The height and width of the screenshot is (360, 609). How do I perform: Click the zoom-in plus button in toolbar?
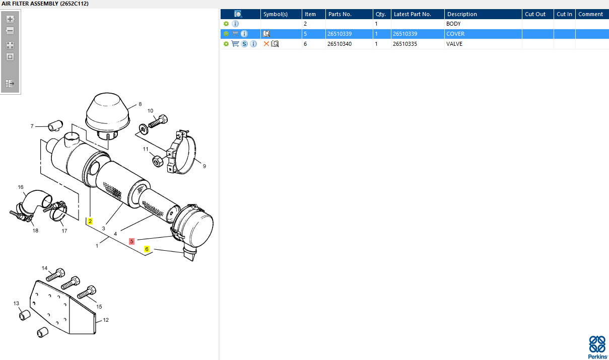pyautogui.click(x=10, y=19)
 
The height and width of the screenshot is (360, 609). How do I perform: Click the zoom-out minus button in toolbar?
pyautogui.click(x=10, y=31)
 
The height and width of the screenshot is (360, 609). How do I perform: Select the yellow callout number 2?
pyautogui.click(x=90, y=221)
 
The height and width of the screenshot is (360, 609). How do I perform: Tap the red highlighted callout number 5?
pyautogui.click(x=131, y=241)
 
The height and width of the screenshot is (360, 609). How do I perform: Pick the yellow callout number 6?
pyautogui.click(x=147, y=249)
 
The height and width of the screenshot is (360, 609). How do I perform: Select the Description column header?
pyautogui.click(x=462, y=14)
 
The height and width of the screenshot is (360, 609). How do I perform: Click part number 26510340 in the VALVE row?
pyautogui.click(x=340, y=44)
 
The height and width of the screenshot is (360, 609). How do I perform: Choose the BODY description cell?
pyautogui.click(x=453, y=24)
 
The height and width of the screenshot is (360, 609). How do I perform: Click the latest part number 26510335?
pyautogui.click(x=405, y=44)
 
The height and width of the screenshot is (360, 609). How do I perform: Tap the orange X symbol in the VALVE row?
pyautogui.click(x=266, y=44)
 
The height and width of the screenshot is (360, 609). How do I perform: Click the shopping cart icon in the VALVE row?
pyautogui.click(x=235, y=43)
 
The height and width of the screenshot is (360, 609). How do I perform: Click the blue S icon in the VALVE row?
pyautogui.click(x=244, y=44)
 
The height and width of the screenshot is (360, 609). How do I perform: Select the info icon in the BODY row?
pyautogui.click(x=235, y=24)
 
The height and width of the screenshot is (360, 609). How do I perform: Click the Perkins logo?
pyautogui.click(x=597, y=347)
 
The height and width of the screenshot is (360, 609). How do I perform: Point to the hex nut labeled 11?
pyautogui.click(x=158, y=161)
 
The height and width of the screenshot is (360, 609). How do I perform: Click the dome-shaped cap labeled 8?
pyautogui.click(x=107, y=114)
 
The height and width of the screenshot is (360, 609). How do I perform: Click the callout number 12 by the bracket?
pyautogui.click(x=106, y=320)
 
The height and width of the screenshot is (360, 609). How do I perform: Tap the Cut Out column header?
pyautogui.click(x=535, y=14)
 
